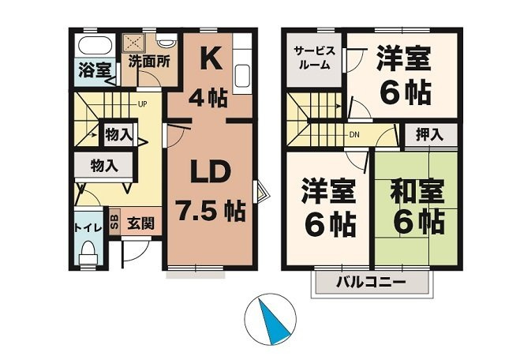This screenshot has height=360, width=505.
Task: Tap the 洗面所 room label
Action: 149,62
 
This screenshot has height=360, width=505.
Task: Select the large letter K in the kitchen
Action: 211,58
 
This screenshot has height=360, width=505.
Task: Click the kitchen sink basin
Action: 242,76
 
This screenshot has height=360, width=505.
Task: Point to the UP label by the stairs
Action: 142,104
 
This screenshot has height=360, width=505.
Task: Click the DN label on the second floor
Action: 354,135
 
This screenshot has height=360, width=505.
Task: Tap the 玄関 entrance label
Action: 140,223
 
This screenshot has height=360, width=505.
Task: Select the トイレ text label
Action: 88,228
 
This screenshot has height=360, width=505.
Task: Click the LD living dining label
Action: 211,171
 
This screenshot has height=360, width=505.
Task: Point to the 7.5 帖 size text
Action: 211,211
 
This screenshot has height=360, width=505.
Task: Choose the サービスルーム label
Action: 314,58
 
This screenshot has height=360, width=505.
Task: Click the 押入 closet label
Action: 429,134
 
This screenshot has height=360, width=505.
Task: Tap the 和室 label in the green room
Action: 417,191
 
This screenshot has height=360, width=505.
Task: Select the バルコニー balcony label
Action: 371,283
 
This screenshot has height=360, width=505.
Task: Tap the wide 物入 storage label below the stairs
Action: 103,166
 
